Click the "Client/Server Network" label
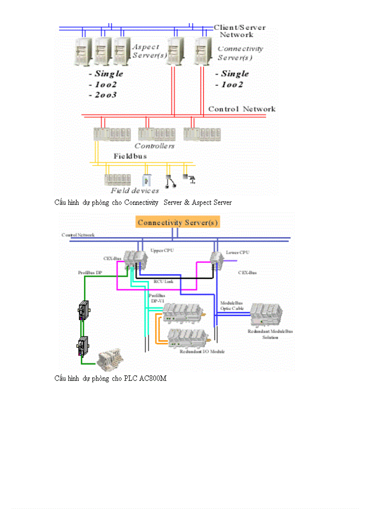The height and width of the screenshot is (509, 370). [x=239, y=31]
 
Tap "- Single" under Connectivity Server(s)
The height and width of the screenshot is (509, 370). [x=232, y=74]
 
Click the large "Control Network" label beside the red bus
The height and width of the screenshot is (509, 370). [x=242, y=109]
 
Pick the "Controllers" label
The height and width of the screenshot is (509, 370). [x=154, y=146]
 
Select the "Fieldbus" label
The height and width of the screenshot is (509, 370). [x=130, y=156]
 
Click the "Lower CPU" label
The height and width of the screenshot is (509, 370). [x=237, y=252]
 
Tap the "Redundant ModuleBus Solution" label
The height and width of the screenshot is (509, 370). [x=270, y=334]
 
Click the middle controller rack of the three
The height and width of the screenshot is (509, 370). [x=156, y=133]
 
